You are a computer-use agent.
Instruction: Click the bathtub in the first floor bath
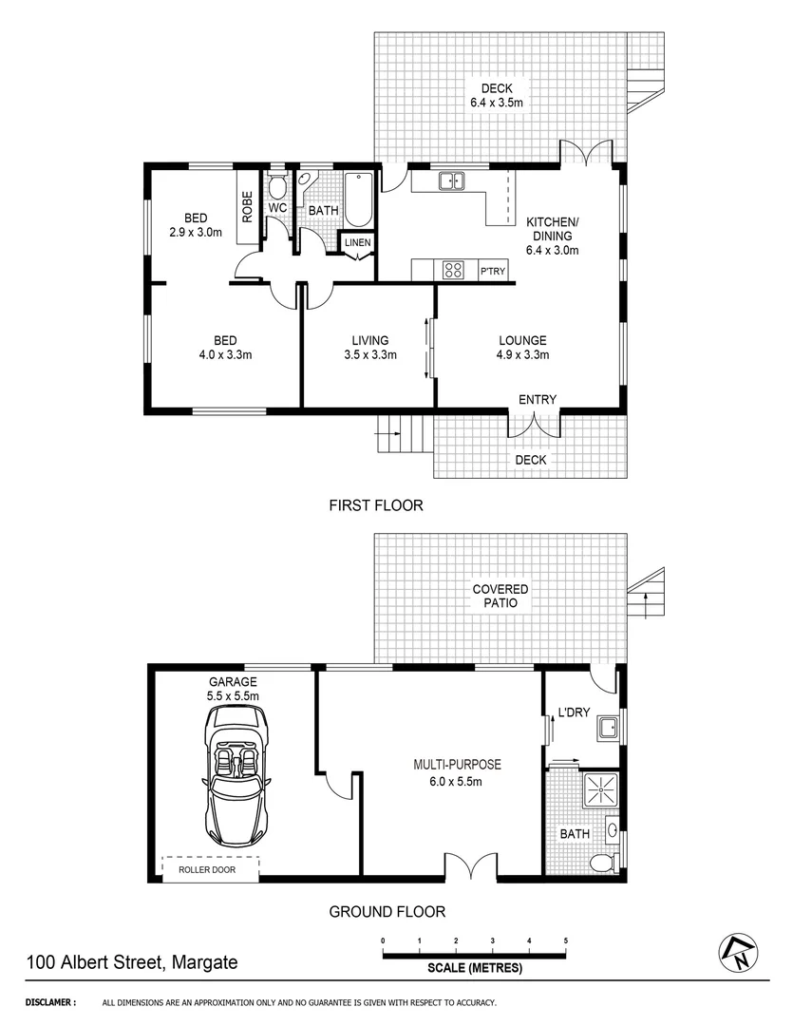click(358, 199)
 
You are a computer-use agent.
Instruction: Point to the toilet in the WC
click(277, 184)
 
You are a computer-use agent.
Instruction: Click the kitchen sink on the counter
click(450, 180)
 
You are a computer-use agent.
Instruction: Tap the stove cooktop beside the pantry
click(453, 271)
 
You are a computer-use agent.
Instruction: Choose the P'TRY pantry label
click(493, 273)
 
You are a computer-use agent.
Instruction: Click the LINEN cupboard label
click(357, 242)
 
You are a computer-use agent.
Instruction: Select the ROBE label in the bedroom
click(247, 206)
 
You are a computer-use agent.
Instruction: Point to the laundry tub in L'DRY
click(607, 730)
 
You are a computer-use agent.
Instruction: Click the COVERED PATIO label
click(500, 596)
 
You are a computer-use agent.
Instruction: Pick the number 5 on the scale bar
click(566, 940)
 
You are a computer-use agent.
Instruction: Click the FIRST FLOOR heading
click(375, 505)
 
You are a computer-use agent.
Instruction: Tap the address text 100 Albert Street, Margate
click(132, 962)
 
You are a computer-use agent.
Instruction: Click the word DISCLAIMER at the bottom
click(49, 1002)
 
